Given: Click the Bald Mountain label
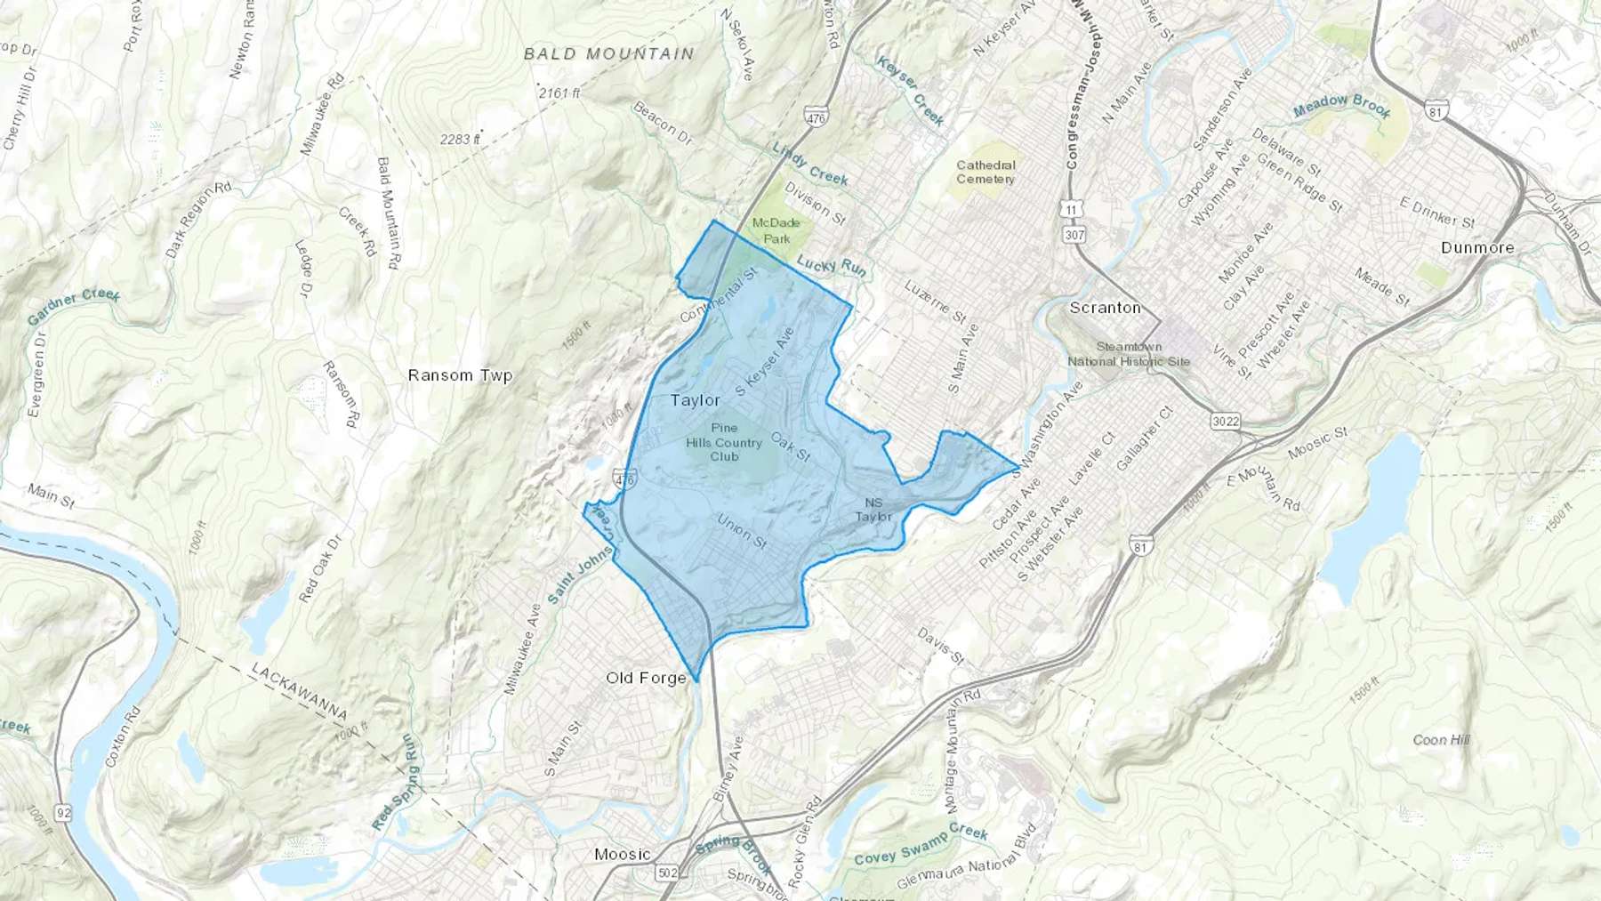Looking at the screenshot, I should click(x=608, y=54).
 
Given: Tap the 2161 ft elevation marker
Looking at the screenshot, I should click(x=559, y=93).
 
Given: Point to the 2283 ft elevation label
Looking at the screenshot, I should click(x=460, y=139).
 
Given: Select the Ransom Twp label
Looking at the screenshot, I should click(x=460, y=375).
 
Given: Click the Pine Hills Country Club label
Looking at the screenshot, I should click(x=724, y=442).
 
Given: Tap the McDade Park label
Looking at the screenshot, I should click(x=776, y=230).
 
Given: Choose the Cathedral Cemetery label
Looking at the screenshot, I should click(x=986, y=172).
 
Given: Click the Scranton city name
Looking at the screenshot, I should click(x=1105, y=308).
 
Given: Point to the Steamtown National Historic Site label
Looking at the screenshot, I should click(x=1129, y=354).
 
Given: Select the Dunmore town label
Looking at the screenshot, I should click(x=1476, y=247).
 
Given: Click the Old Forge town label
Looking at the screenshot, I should click(x=646, y=678).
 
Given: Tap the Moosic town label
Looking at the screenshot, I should click(x=622, y=855).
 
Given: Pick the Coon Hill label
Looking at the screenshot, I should click(x=1441, y=740).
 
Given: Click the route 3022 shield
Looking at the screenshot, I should click(x=1225, y=421).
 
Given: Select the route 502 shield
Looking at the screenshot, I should click(x=668, y=873).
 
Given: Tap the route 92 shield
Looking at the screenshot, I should click(x=62, y=812).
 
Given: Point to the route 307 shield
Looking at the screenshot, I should click(x=1074, y=235).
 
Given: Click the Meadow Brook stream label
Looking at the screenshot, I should click(x=1341, y=106).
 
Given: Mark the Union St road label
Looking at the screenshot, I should click(x=742, y=531).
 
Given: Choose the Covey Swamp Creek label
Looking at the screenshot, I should click(x=921, y=844).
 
